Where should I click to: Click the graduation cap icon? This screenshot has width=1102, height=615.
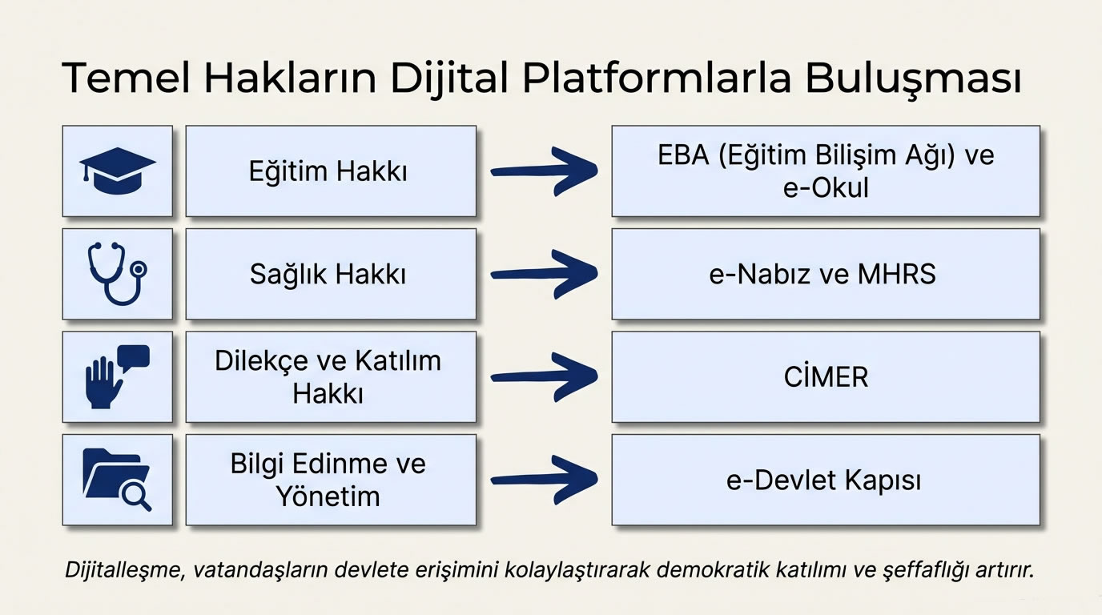pyautogui.click(x=117, y=171)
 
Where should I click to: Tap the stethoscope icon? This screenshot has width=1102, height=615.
pyautogui.click(x=117, y=274)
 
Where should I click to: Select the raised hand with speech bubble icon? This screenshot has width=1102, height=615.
pyautogui.click(x=117, y=376)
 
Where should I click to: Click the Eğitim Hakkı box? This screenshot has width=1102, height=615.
pyautogui.click(x=331, y=171)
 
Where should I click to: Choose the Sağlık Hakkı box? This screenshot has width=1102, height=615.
pyautogui.click(x=331, y=274)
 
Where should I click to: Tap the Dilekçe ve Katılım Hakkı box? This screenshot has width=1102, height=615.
pyautogui.click(x=331, y=376)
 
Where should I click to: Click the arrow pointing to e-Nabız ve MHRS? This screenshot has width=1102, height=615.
pyautogui.click(x=545, y=274)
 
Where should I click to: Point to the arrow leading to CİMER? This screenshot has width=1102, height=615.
pyautogui.click(x=545, y=376)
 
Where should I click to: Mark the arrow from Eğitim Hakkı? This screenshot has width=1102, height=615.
pyautogui.click(x=545, y=171)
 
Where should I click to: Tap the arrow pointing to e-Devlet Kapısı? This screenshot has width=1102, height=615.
pyautogui.click(x=545, y=479)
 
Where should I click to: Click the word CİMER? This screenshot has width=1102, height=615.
pyautogui.click(x=826, y=377)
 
